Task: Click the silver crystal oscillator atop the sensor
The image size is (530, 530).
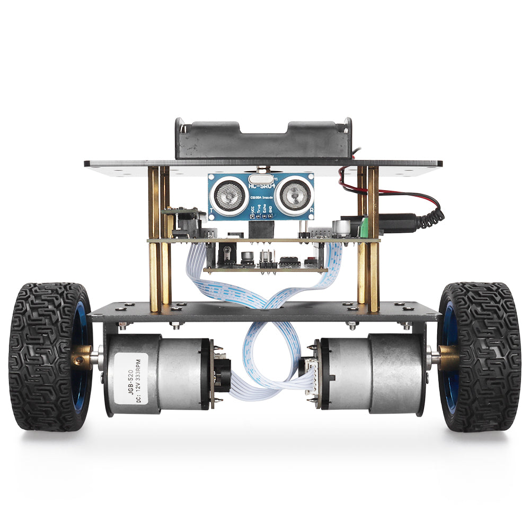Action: coord(261,170)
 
